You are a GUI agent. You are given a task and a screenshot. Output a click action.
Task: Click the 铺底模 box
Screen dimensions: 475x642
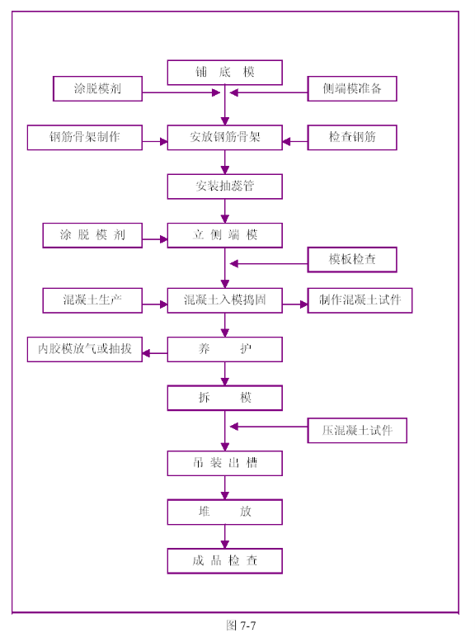(x=224, y=73)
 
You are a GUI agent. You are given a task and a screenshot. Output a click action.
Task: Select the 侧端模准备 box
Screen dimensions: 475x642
(x=352, y=88)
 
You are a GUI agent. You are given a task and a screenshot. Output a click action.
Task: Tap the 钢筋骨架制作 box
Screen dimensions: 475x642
(x=85, y=137)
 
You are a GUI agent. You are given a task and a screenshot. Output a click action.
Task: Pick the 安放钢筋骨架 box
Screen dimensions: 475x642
(x=224, y=137)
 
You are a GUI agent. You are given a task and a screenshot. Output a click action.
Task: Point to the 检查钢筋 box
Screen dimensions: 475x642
(x=352, y=137)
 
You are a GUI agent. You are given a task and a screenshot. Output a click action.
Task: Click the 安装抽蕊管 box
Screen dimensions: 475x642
(x=224, y=186)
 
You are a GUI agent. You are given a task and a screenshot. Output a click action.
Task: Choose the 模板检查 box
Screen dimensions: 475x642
(x=352, y=260)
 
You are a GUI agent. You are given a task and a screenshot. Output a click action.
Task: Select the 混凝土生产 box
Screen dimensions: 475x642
(x=92, y=300)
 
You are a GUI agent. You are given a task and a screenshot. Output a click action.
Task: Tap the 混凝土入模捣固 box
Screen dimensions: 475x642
(x=224, y=300)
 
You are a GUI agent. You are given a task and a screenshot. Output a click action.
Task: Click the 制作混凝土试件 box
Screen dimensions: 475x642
(x=360, y=300)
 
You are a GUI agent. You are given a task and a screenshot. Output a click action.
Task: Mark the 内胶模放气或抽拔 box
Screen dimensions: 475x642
(x=85, y=349)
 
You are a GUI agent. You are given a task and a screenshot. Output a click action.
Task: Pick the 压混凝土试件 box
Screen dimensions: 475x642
(x=357, y=430)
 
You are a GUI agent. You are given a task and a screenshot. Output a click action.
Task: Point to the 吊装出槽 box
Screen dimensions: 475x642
(x=224, y=463)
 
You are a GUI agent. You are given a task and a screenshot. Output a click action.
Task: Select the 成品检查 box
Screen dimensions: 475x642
(x=224, y=560)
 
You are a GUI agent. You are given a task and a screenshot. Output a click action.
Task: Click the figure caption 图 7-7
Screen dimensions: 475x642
(x=241, y=625)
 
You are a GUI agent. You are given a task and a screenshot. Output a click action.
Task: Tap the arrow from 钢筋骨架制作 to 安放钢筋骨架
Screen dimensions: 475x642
(x=155, y=142)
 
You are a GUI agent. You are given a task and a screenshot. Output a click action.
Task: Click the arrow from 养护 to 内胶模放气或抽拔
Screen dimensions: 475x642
(x=155, y=353)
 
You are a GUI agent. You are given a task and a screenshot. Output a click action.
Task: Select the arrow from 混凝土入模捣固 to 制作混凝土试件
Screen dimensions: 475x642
(x=295, y=304)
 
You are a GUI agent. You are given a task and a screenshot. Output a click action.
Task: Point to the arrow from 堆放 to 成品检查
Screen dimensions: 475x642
(x=224, y=536)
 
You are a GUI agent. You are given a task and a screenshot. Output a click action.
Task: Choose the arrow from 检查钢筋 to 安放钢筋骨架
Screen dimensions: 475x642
(x=295, y=142)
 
